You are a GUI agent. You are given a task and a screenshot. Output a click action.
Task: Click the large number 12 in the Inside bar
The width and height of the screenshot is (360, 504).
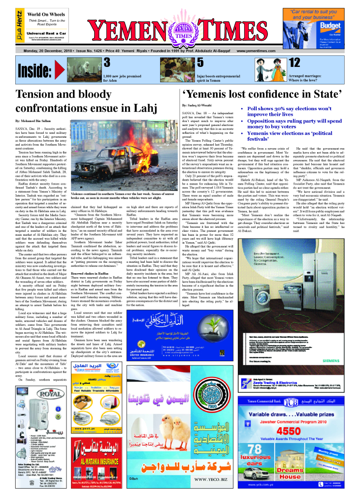coord(295,63)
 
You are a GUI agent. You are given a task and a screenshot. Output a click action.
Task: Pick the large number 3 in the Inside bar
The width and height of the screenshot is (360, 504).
coord(107,63)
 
